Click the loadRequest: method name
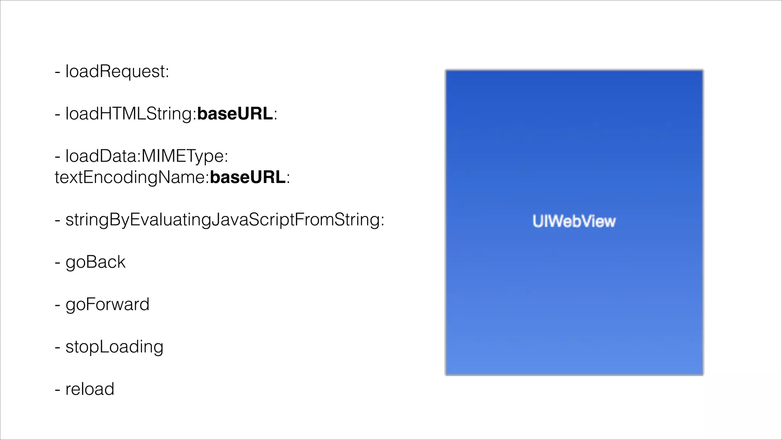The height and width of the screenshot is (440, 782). [117, 71]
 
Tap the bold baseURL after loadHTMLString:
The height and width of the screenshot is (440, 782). [235, 114]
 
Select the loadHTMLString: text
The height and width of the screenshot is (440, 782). [131, 114]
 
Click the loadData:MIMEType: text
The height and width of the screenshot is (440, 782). [147, 156]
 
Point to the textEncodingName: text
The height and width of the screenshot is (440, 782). [132, 177]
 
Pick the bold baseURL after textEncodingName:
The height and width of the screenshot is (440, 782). [248, 177]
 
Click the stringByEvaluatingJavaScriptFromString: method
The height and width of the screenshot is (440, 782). [225, 220]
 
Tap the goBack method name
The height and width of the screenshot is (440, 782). [95, 262]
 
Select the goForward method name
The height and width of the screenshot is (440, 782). [107, 304]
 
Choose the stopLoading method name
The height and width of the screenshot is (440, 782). [114, 347]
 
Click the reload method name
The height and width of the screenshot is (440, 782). [90, 389]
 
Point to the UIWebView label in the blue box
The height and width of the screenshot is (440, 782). [574, 221]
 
